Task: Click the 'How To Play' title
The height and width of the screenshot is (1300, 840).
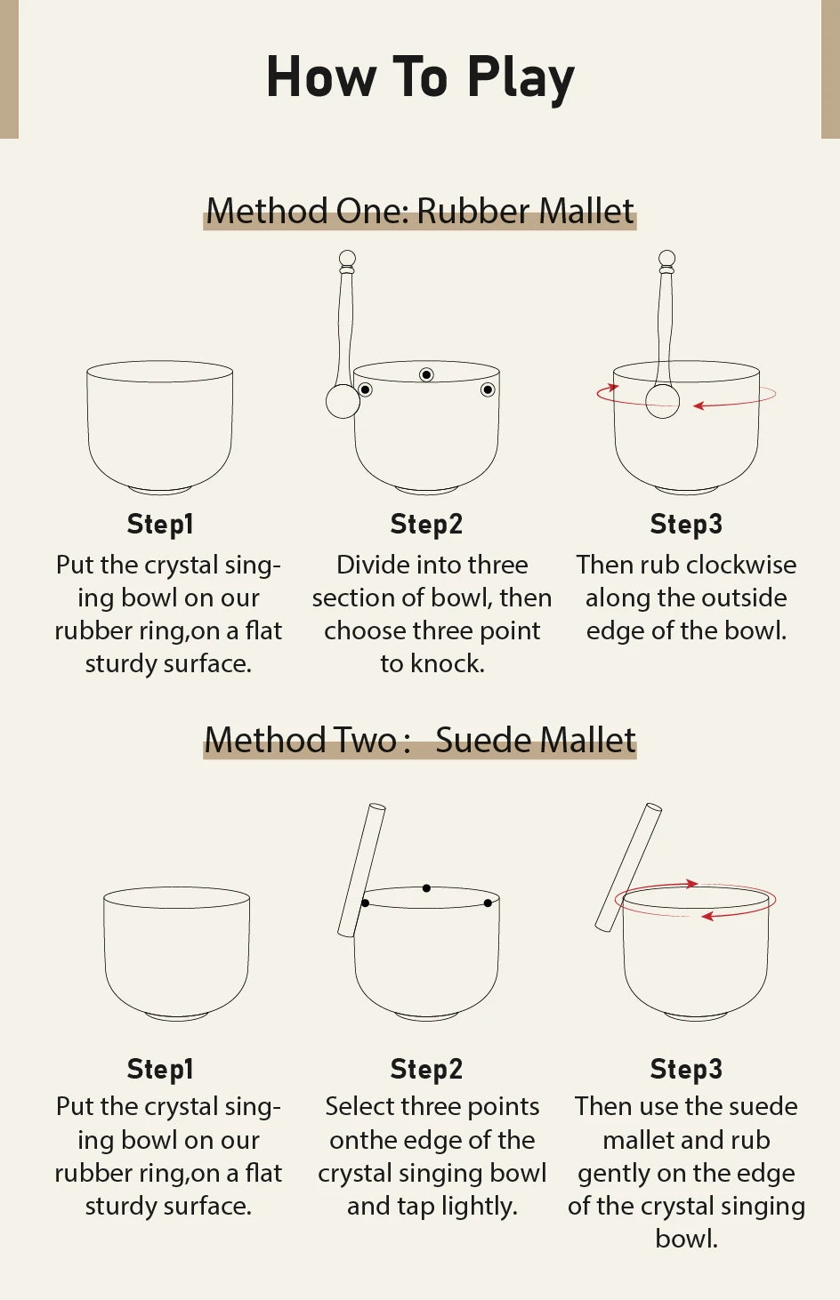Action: (x=420, y=77)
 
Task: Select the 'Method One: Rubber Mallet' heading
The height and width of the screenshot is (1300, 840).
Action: (x=420, y=211)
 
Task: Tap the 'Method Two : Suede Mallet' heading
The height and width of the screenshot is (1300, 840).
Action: (x=420, y=740)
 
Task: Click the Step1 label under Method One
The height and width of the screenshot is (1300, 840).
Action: (x=160, y=524)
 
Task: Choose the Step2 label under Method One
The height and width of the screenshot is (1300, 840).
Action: (x=426, y=524)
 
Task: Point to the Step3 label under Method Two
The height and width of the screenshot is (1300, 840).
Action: (x=686, y=1069)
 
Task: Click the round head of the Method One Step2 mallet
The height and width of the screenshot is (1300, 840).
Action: (x=343, y=401)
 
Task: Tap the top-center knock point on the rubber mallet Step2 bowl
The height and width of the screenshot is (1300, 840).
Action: (x=426, y=375)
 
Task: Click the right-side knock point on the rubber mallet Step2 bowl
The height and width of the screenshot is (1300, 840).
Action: (x=488, y=389)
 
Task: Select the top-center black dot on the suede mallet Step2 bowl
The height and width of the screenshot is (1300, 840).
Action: (x=426, y=888)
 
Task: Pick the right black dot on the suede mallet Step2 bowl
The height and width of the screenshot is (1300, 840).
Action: (x=488, y=903)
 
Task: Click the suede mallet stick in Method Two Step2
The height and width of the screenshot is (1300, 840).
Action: (x=361, y=870)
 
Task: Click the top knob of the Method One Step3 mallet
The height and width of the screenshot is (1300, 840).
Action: (x=666, y=258)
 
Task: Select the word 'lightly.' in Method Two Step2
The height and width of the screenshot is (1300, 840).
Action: (x=480, y=1206)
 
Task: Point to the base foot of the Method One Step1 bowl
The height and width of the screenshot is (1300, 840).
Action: (x=160, y=491)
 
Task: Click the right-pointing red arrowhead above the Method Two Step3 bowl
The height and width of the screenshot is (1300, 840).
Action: (x=691, y=884)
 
